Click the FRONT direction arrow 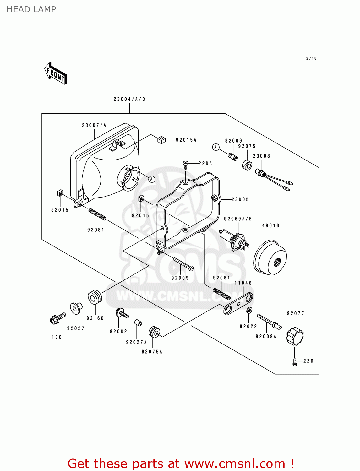[56, 73]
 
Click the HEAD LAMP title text [31, 9]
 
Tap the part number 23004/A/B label [129, 99]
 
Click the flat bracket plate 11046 [238, 304]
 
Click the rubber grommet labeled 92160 [95, 297]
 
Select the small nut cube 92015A [161, 140]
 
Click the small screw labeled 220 [295, 362]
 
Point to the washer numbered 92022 [249, 311]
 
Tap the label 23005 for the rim [240, 199]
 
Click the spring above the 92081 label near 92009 [222, 294]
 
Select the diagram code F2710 [310, 58]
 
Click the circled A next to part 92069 [215, 147]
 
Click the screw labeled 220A [186, 164]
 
